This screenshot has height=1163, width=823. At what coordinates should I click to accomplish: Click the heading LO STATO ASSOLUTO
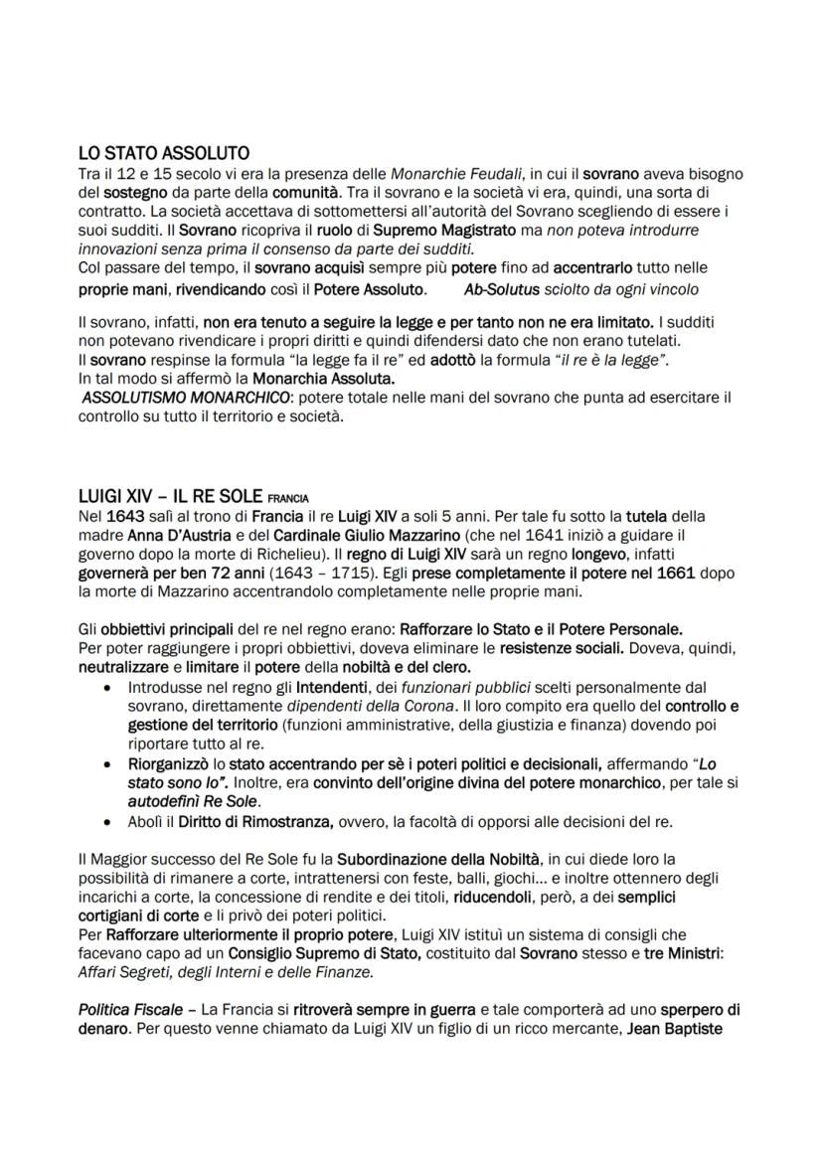click(163, 153)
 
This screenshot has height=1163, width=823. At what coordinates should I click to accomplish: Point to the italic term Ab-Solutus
click(500, 290)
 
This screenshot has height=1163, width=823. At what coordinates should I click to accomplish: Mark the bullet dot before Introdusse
click(106, 687)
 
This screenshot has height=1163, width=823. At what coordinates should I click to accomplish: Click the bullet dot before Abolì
click(106, 821)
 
